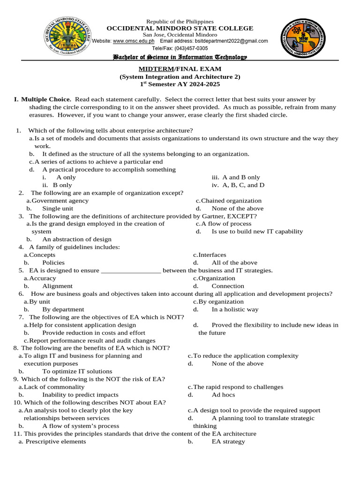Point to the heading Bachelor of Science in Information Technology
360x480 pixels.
coord(180,57)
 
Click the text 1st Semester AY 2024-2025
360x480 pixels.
coord(180,84)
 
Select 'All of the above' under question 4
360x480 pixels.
coord(234,262)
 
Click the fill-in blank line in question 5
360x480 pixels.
coord(131,270)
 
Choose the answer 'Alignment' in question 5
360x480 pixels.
coord(57,286)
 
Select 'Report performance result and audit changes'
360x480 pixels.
coord(92,340)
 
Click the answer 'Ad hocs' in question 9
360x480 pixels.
coord(223,395)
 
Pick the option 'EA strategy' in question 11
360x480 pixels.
coord(228,442)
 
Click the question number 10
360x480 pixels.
coord(17,402)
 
